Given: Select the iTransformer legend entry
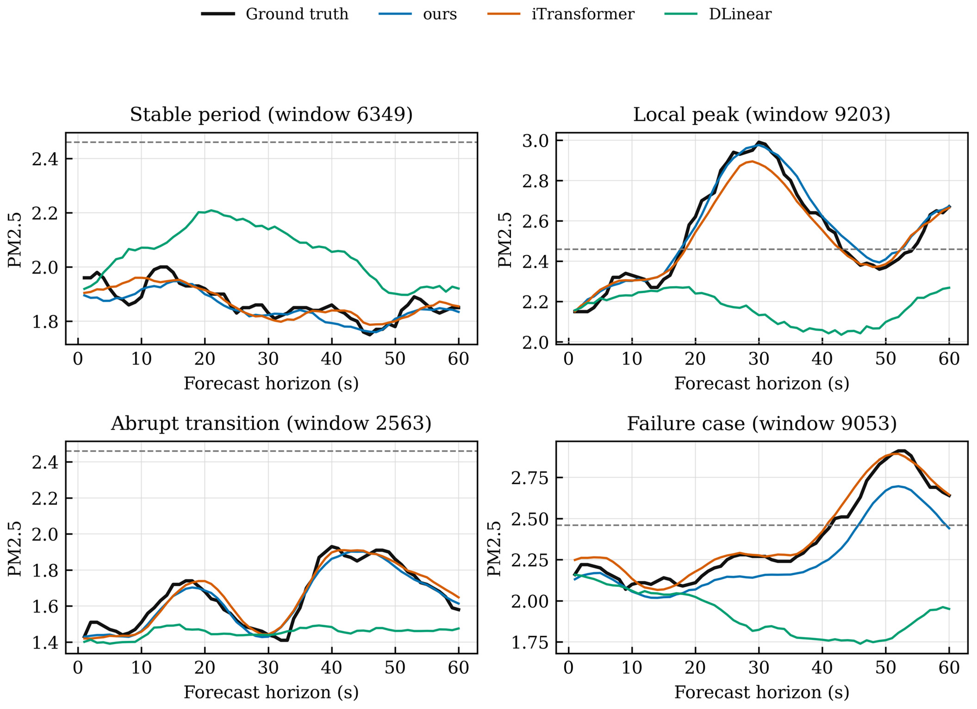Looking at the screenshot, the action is pos(561,14).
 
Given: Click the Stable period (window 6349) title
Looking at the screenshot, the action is pos(271,114).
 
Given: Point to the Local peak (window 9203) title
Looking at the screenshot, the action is pos(762,114).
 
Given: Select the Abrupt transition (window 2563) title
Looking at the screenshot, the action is pos(271,424).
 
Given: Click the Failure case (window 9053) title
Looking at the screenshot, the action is pos(762,424).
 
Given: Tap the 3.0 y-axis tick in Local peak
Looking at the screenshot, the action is pos(535,141).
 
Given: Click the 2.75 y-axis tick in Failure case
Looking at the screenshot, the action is pos(530,478).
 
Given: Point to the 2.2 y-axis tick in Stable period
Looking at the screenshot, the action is pos(45,213).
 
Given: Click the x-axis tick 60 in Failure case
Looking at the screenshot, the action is pos(949,668).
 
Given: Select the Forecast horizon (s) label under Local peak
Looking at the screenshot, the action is pos(762,384).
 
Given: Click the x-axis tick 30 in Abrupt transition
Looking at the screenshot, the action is pos(268,668).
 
